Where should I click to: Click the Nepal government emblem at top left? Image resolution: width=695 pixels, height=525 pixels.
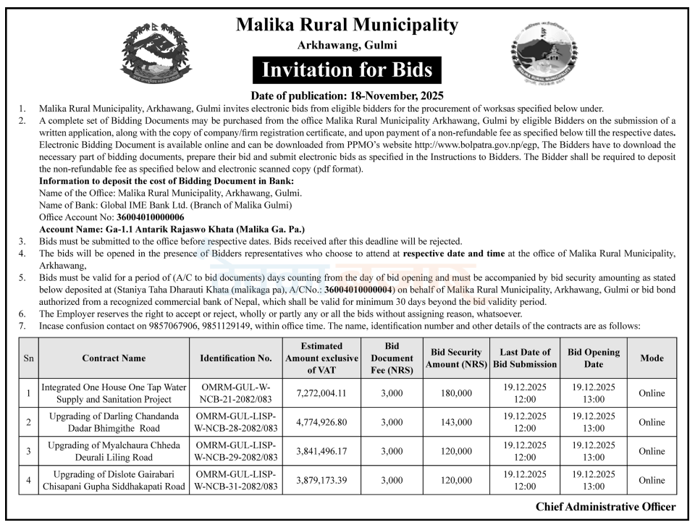point(156,55)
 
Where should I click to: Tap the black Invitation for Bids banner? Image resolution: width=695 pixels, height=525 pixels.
point(347,70)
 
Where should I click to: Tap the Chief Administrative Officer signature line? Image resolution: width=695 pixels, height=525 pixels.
point(606,507)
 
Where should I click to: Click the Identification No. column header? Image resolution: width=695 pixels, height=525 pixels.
point(236,358)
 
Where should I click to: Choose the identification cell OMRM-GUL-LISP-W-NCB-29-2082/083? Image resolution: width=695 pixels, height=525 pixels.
point(236,451)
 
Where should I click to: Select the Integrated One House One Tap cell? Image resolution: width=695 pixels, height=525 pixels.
point(114,393)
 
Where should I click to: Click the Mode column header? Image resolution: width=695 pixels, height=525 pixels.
point(652,358)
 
